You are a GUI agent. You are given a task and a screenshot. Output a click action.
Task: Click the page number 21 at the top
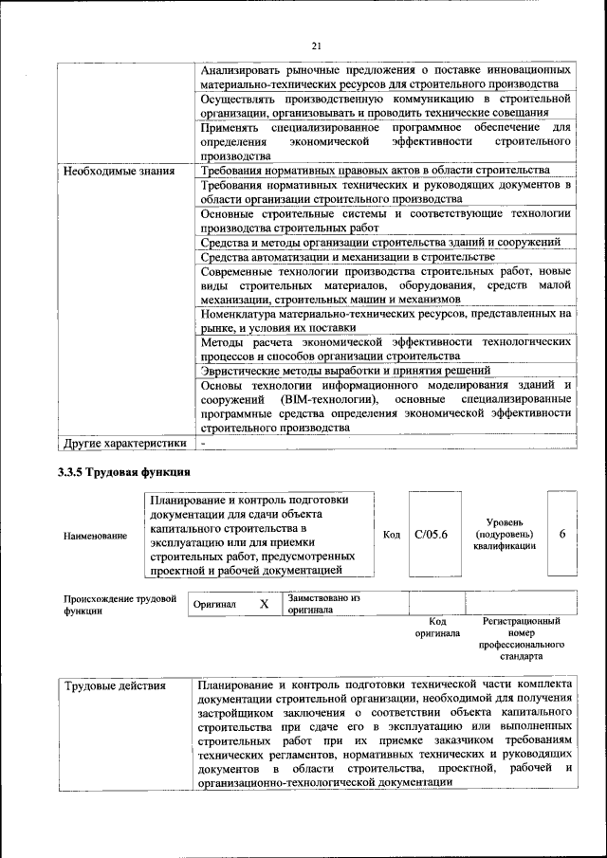pos(317,44)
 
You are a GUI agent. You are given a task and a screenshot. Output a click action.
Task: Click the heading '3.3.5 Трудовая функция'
pos(124,471)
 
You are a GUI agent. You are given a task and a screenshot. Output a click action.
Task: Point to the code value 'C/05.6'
pos(432,535)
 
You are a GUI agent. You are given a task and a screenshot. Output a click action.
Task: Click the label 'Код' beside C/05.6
pos(391,535)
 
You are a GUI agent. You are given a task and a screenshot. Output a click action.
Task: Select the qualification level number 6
pos(562,534)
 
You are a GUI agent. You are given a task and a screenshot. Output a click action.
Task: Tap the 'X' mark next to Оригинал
pos(265,603)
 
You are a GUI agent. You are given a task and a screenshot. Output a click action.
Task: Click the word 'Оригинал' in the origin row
pos(214,604)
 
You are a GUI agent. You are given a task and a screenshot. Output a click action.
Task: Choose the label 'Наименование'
pos(95,536)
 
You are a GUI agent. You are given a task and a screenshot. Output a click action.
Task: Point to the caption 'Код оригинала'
pos(437,627)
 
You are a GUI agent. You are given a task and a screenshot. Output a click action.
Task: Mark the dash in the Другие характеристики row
pos(202,443)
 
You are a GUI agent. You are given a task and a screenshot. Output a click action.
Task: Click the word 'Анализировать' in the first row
pos(248,70)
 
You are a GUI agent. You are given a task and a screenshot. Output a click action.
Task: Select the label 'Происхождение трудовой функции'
pos(120,604)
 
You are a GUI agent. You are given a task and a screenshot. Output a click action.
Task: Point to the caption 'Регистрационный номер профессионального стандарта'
pos(521,637)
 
